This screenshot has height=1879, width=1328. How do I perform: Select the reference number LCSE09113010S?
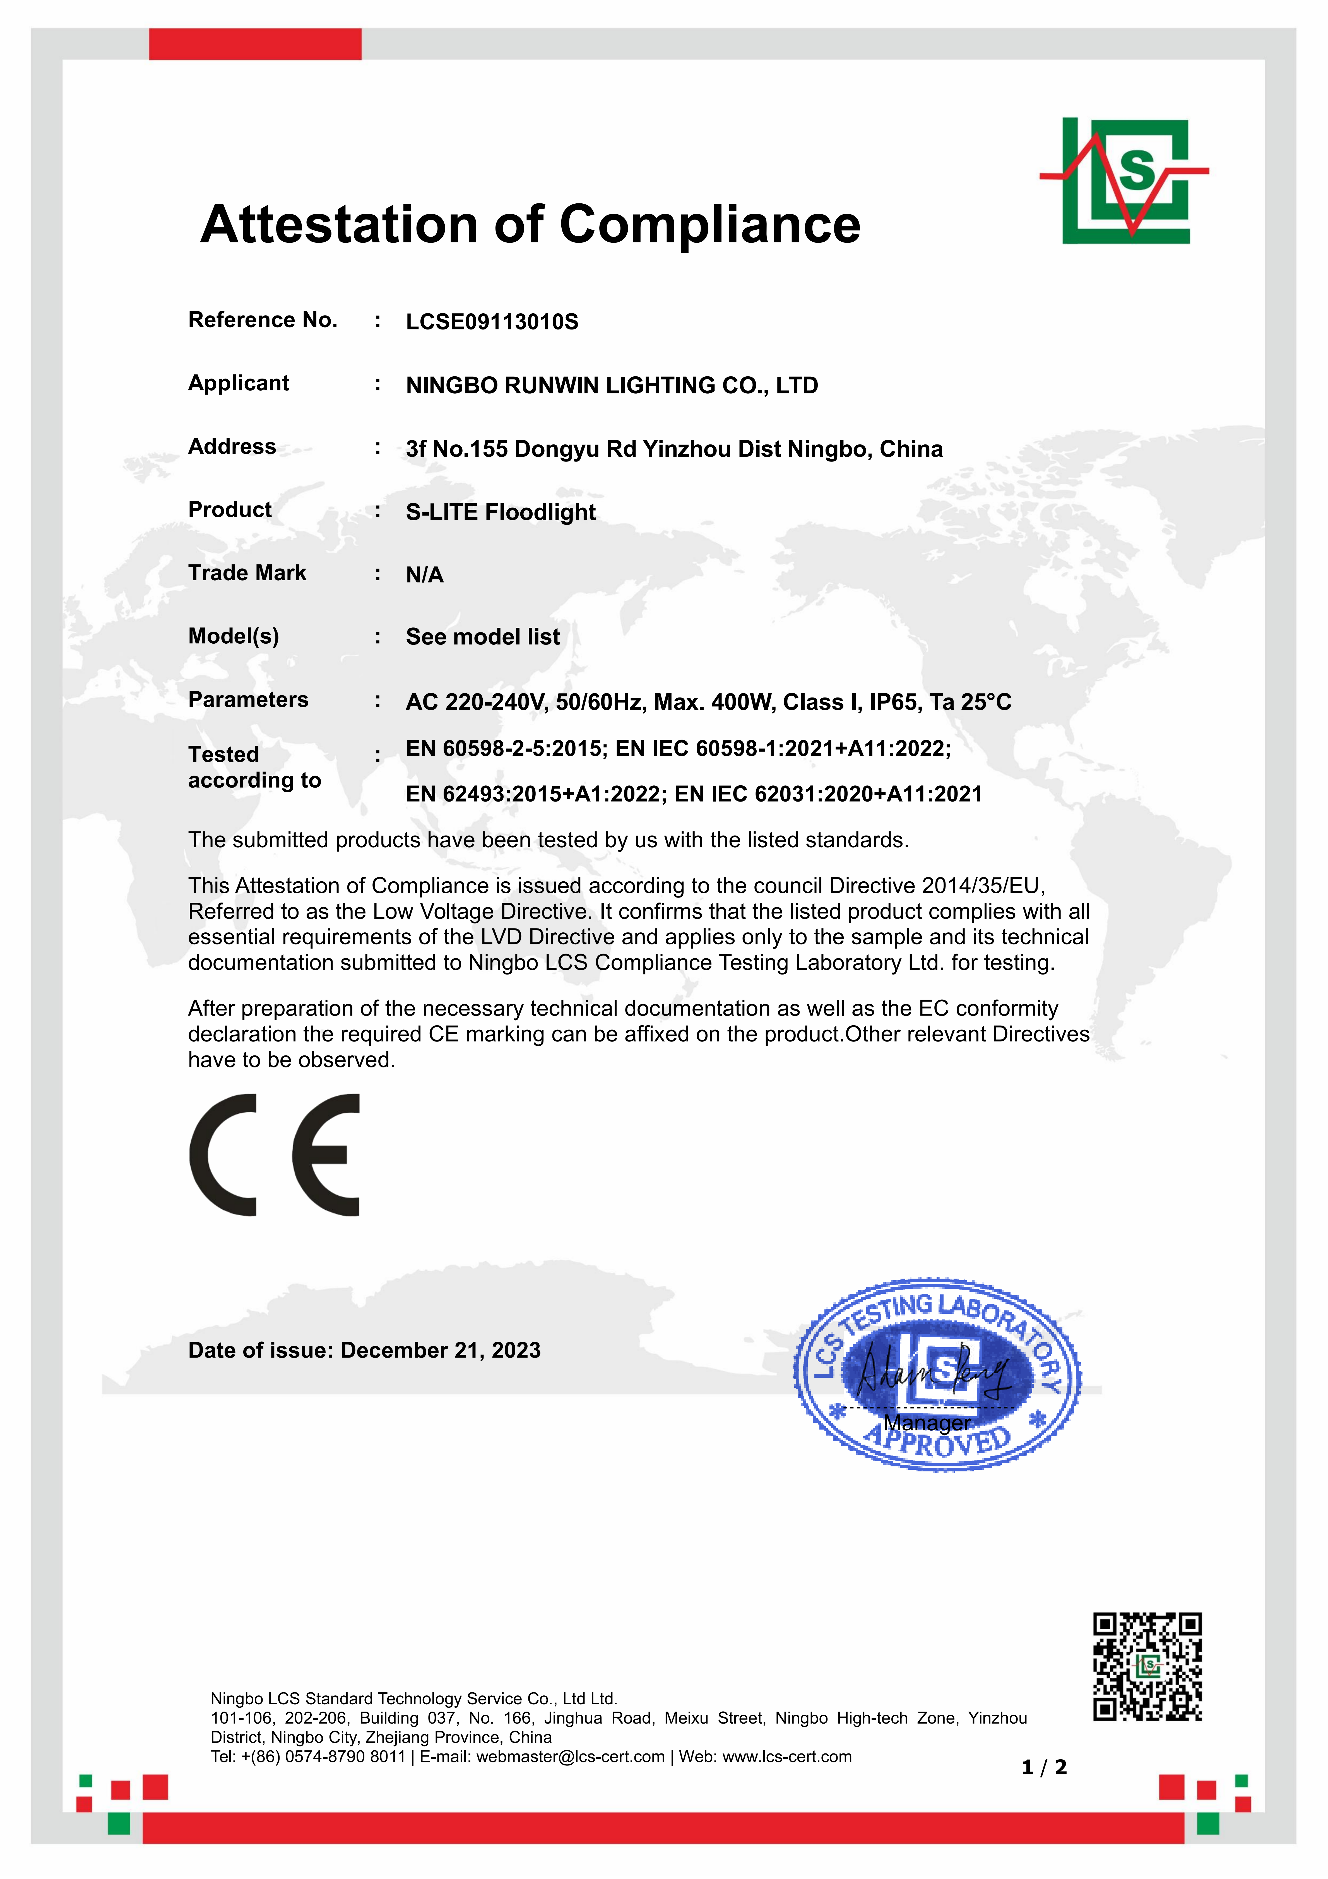(x=492, y=322)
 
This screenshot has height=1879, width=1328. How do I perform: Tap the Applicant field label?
(x=238, y=383)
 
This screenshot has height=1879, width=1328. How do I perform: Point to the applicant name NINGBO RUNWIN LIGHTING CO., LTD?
(x=611, y=386)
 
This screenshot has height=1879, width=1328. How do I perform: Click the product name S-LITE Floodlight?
(x=501, y=512)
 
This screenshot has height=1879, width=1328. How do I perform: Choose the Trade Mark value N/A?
(x=425, y=575)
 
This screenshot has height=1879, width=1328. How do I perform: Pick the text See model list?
(x=483, y=637)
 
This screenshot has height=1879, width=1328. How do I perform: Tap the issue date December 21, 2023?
(x=440, y=1350)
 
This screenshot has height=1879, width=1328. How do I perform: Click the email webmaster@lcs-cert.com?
(x=570, y=1757)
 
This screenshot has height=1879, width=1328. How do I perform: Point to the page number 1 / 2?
(x=1044, y=1768)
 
